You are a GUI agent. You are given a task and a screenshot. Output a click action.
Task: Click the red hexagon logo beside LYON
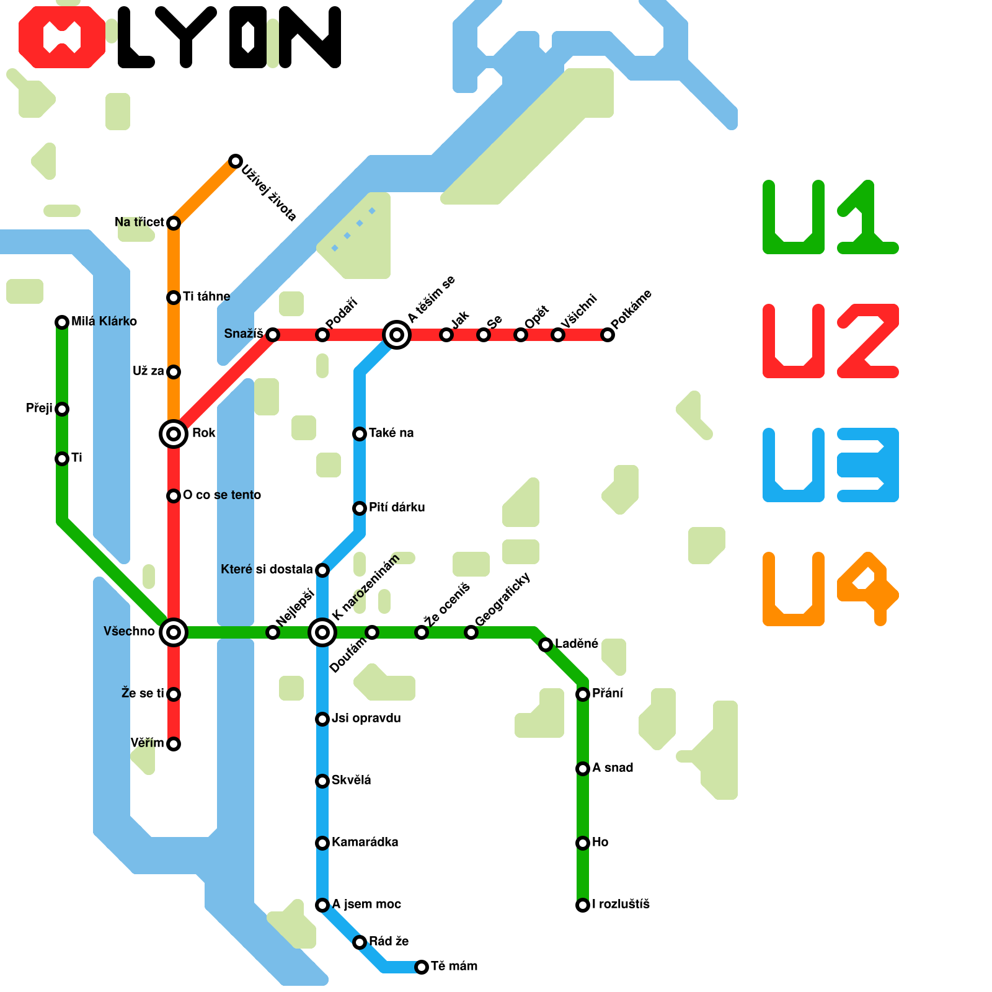[x=62, y=37]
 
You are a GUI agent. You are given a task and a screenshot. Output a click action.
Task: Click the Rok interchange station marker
[x=174, y=433]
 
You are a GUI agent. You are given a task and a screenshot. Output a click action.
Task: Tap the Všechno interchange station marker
[x=174, y=632]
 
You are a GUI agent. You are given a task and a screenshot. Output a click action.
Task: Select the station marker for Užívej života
[x=235, y=161]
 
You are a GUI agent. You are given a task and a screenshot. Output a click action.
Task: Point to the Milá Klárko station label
[x=104, y=321]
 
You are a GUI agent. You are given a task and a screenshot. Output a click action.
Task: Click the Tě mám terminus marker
[x=422, y=967]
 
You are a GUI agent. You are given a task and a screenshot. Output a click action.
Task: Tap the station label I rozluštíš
[x=621, y=904]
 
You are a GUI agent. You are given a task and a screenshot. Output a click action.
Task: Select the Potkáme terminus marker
[x=608, y=335]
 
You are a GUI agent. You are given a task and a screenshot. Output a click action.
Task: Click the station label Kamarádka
[x=365, y=842]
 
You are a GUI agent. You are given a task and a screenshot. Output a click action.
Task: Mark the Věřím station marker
[x=174, y=743]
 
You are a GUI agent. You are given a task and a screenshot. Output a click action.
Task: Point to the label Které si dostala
[x=267, y=569]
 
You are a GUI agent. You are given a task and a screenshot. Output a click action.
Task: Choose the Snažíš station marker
[x=273, y=335]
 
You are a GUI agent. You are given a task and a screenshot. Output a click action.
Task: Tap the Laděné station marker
[x=546, y=645]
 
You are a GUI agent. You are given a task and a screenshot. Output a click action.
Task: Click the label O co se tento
[x=222, y=495]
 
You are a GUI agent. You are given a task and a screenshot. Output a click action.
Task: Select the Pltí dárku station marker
[x=360, y=508]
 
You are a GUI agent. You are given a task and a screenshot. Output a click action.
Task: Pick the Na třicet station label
[x=139, y=222]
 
